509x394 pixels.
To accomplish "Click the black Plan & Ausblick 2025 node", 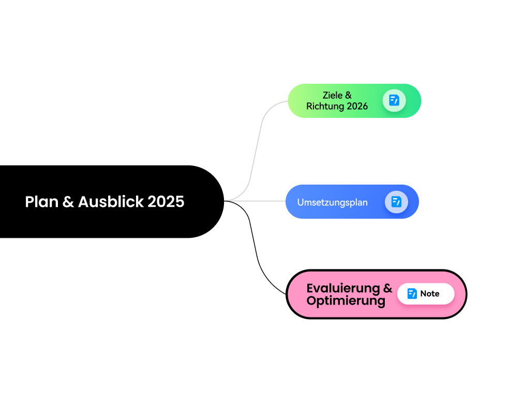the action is tap(112, 202).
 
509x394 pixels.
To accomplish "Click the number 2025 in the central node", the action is tap(166, 202).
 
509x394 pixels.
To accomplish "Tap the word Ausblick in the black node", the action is tap(111, 202).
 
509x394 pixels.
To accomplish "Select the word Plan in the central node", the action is tap(41, 202).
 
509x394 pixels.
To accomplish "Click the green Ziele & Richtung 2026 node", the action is tap(354, 101).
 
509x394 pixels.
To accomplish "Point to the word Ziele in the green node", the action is tap(333, 95).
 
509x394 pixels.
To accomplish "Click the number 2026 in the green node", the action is tap(357, 106).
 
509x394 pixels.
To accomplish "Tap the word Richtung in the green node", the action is tap(325, 107).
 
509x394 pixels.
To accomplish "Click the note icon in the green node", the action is tap(394, 100).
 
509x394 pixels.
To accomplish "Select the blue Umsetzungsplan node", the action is tap(352, 202).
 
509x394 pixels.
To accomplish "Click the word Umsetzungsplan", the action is tap(333, 203).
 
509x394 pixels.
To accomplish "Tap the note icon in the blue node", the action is tap(396, 202).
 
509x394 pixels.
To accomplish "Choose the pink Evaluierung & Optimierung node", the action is tap(377, 294).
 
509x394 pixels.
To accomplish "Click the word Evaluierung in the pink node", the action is tap(343, 288).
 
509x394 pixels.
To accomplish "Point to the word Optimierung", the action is tap(346, 301).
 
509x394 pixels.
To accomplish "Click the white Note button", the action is tap(426, 294).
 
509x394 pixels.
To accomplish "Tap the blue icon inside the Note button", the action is tap(412, 294).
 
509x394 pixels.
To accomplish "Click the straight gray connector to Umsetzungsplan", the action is tap(255, 201).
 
